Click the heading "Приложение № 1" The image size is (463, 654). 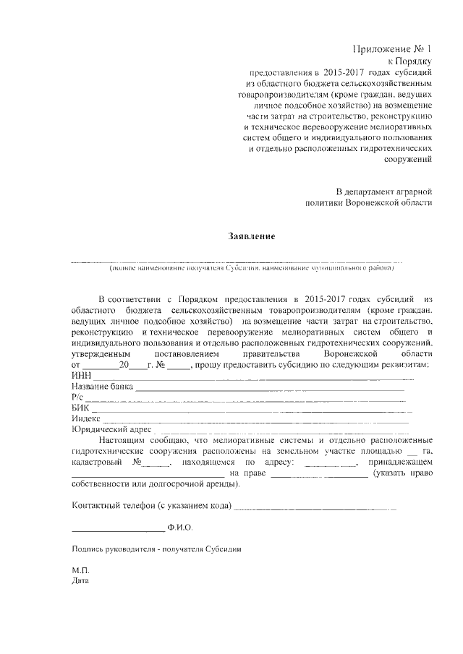pyautogui.click(x=391, y=49)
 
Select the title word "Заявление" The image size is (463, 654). pyautogui.click(x=252, y=236)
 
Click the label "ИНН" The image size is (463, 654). pyautogui.click(x=82, y=376)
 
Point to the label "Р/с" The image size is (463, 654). pyautogui.click(x=78, y=397)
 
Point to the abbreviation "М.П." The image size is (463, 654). pyautogui.click(x=80, y=569)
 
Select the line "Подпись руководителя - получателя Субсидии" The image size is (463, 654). pyautogui.click(x=156, y=548)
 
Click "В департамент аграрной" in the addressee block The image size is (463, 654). pyautogui.click(x=384, y=192)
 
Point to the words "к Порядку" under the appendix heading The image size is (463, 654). pyautogui.click(x=411, y=62)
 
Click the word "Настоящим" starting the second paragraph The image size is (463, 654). pyautogui.click(x=122, y=439)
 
